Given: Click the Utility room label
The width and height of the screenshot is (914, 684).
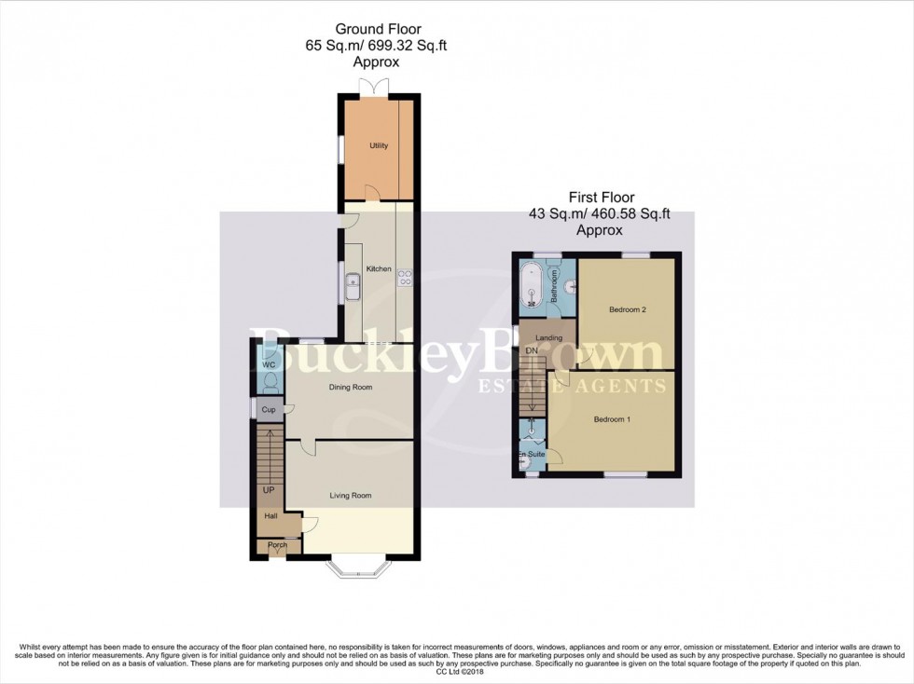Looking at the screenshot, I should pyautogui.click(x=378, y=146).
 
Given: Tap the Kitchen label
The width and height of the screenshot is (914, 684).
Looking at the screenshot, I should pyautogui.click(x=379, y=269).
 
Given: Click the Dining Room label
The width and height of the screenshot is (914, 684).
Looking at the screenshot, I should pyautogui.click(x=351, y=387).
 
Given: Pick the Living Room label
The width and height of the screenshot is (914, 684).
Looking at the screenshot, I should pyautogui.click(x=351, y=496).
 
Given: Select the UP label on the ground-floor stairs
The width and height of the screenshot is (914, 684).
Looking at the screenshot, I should pyautogui.click(x=269, y=489).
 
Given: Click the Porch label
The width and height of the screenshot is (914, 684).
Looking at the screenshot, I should pyautogui.click(x=277, y=545).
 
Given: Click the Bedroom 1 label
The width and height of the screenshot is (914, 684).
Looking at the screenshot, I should pyautogui.click(x=613, y=419).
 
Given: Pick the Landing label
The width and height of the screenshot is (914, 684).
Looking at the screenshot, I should pyautogui.click(x=548, y=337).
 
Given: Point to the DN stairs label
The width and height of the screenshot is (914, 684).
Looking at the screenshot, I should pyautogui.click(x=532, y=350).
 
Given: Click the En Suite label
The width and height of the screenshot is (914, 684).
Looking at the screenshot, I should pyautogui.click(x=532, y=454).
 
